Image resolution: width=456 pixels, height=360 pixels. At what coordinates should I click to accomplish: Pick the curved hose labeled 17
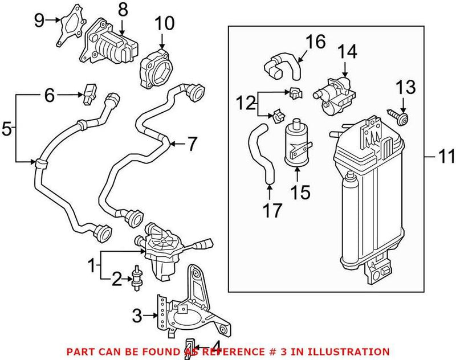coord(262,154)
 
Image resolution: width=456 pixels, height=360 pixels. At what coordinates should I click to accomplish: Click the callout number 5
coord(6,129)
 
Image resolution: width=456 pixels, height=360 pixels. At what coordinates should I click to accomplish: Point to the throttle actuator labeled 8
coord(111,43)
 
